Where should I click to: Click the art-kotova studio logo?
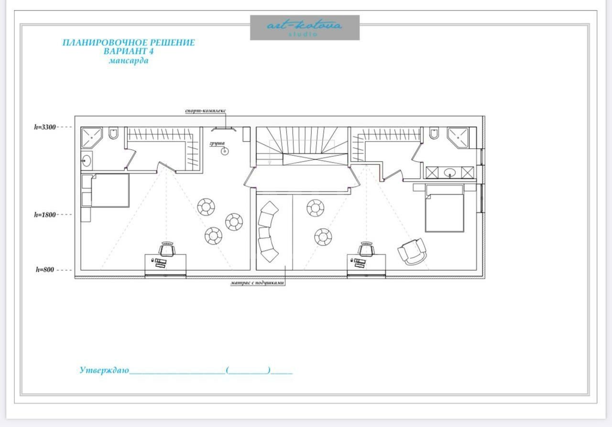click(305, 28)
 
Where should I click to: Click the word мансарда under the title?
click(129, 60)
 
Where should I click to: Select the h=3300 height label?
click(45, 127)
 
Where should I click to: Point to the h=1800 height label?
click(45, 215)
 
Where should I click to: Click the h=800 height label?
click(45, 270)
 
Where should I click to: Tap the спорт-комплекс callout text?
click(206, 110)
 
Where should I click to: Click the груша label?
click(217, 143)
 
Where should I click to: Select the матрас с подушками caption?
click(257, 283)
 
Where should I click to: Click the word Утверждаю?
click(104, 370)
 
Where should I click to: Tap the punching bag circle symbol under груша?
click(225, 152)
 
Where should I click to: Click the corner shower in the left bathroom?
click(91, 137)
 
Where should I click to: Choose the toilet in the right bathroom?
click(434, 133)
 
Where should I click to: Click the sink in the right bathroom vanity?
click(450, 173)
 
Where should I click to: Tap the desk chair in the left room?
click(167, 249)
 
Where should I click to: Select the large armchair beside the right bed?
click(412, 252)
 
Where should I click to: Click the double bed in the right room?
click(445, 208)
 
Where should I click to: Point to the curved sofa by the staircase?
click(268, 232)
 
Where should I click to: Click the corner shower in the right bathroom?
click(458, 137)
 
